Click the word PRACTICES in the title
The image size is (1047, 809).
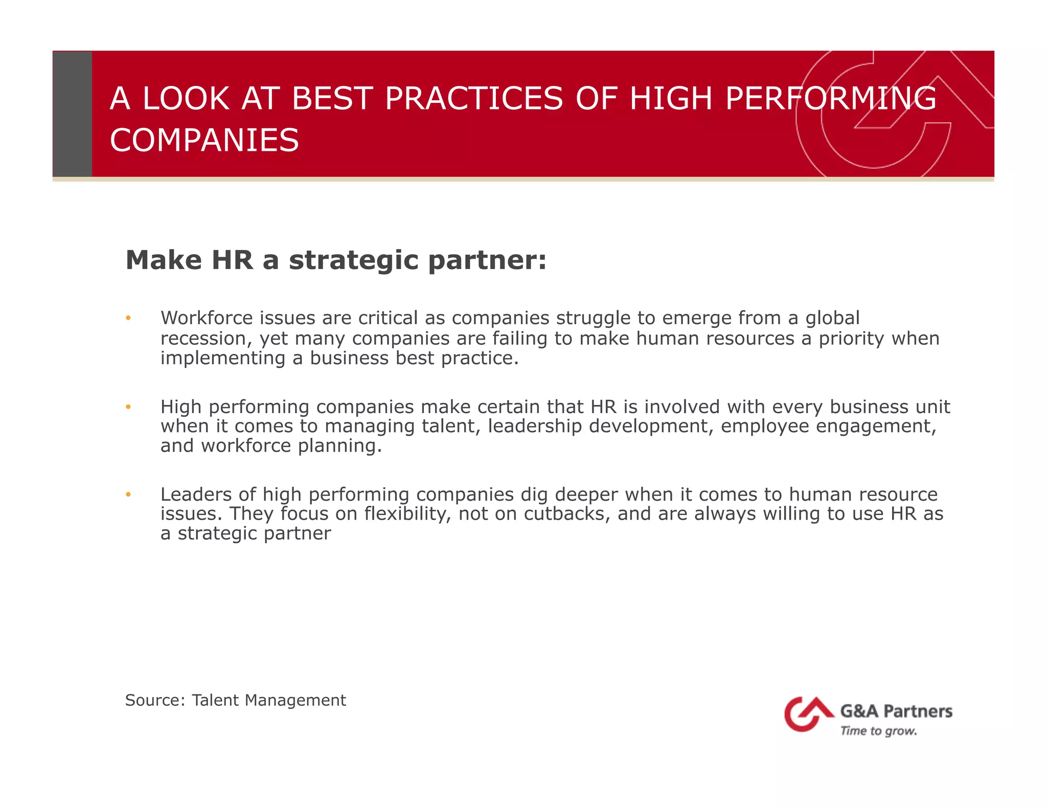pos(473,98)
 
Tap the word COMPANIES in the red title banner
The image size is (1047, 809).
pos(204,140)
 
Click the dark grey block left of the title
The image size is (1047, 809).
pos(73,114)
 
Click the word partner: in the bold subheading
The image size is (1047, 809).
pos(487,260)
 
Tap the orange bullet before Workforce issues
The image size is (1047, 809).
pos(128,319)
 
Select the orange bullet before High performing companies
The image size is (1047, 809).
pos(128,407)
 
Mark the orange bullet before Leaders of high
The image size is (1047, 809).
pos(128,495)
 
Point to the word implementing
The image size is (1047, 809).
pos(223,358)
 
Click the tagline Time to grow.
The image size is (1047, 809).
pos(878,731)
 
